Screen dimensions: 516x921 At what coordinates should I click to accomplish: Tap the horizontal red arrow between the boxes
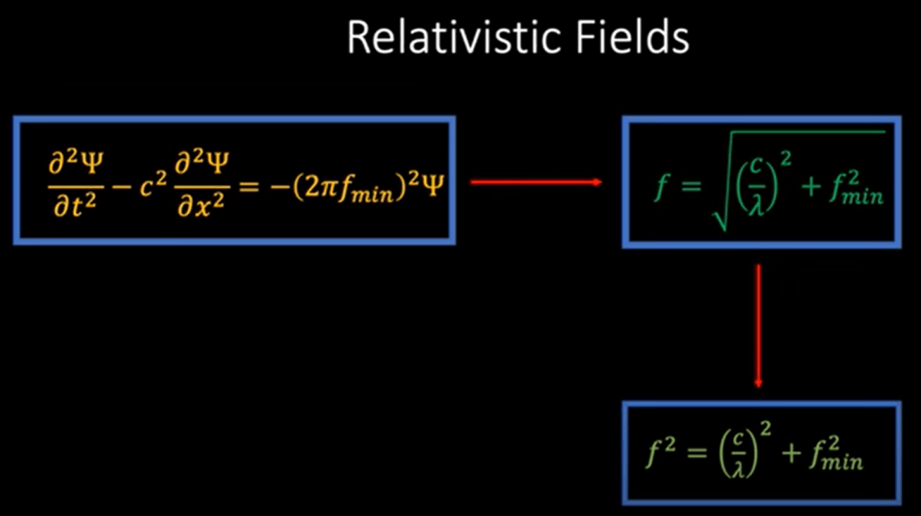coord(536,182)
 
